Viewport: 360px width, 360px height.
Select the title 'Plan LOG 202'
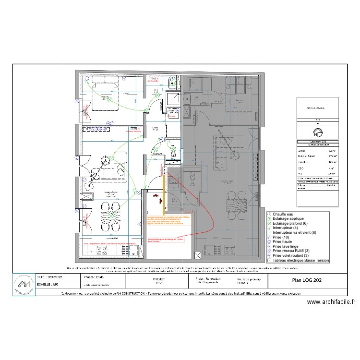308,281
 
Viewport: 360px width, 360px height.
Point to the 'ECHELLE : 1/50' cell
49,285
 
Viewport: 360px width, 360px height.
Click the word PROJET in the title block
158,278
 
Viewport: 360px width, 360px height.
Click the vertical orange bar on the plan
165,195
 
